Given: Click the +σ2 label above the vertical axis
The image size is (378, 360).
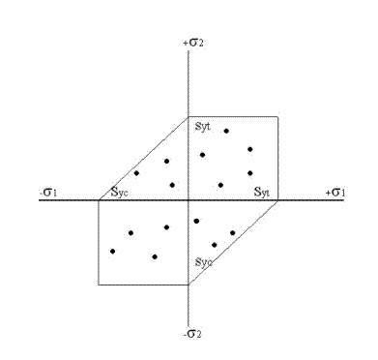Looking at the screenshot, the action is [x=193, y=43].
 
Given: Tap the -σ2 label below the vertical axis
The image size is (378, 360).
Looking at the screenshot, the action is [x=192, y=334].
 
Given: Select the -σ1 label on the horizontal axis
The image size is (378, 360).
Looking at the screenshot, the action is [x=48, y=193].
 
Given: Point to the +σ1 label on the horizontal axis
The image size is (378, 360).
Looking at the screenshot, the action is [x=335, y=193].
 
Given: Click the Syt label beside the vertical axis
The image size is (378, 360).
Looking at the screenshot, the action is [x=203, y=127].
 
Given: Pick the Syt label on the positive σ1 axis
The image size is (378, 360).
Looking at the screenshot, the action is [x=262, y=192].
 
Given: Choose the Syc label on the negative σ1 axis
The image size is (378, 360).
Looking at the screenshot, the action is [x=119, y=192].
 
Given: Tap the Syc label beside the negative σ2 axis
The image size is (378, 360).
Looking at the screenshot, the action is [x=204, y=262].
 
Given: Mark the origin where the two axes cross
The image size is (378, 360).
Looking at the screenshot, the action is [x=189, y=200].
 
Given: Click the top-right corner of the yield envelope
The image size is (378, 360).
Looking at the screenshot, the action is [x=277, y=117].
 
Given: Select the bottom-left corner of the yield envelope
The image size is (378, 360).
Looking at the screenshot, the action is [x=99, y=285].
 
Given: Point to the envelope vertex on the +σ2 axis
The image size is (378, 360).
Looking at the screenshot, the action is [x=189, y=117].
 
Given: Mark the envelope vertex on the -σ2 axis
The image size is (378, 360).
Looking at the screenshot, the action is [x=189, y=285].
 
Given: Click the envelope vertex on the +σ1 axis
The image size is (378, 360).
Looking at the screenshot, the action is [x=277, y=200].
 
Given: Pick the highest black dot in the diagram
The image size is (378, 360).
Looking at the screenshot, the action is [x=226, y=131].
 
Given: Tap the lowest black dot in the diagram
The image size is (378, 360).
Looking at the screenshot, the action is [x=155, y=256].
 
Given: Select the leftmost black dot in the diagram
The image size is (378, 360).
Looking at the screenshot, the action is [x=112, y=251].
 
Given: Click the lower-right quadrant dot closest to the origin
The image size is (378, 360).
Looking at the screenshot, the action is [x=196, y=221].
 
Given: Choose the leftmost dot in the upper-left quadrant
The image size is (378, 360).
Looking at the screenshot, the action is [x=136, y=173].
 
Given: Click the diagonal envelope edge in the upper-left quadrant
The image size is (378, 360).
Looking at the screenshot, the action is [x=144, y=159].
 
